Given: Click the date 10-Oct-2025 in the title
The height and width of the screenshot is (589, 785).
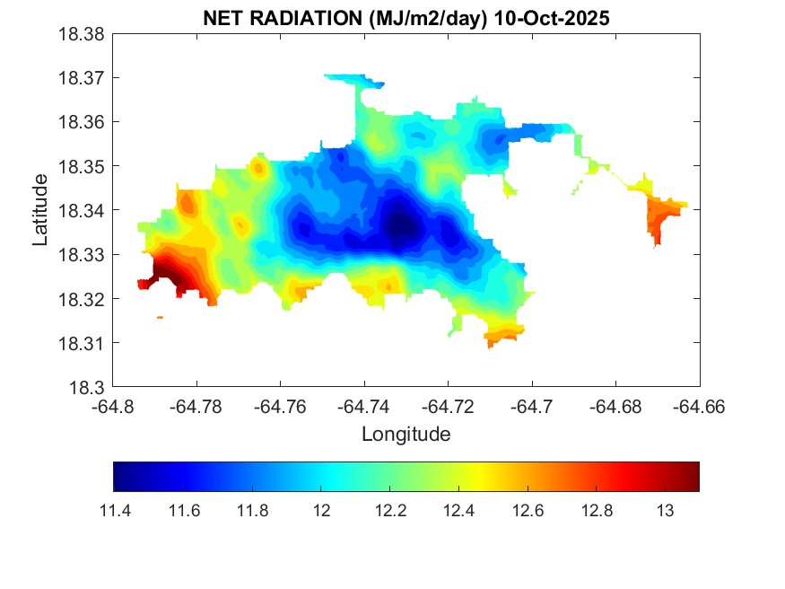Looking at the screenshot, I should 548,18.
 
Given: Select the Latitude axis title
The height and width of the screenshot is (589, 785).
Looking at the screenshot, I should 40,211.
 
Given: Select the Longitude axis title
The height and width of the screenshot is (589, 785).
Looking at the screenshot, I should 406,435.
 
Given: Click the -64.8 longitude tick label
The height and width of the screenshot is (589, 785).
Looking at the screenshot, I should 113,407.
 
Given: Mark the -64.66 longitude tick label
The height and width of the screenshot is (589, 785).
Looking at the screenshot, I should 700,407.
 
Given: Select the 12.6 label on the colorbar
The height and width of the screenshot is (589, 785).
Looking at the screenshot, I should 527,510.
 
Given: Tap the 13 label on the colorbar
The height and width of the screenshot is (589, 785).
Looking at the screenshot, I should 665,510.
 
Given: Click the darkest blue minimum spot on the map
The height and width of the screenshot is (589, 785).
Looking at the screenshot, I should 400,226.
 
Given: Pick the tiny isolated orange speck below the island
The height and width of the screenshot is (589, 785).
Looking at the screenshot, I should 160,317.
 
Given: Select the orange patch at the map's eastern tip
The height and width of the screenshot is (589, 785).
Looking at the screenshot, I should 664,216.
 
